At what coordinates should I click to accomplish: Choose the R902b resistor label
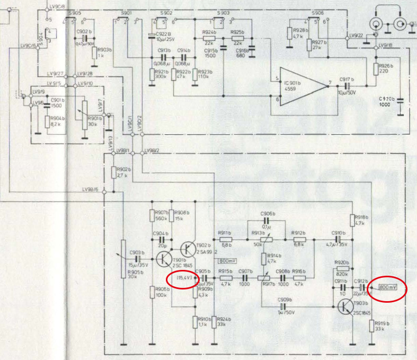123,169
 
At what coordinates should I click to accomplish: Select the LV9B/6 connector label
91,190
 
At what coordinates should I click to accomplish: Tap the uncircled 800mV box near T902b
227,261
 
